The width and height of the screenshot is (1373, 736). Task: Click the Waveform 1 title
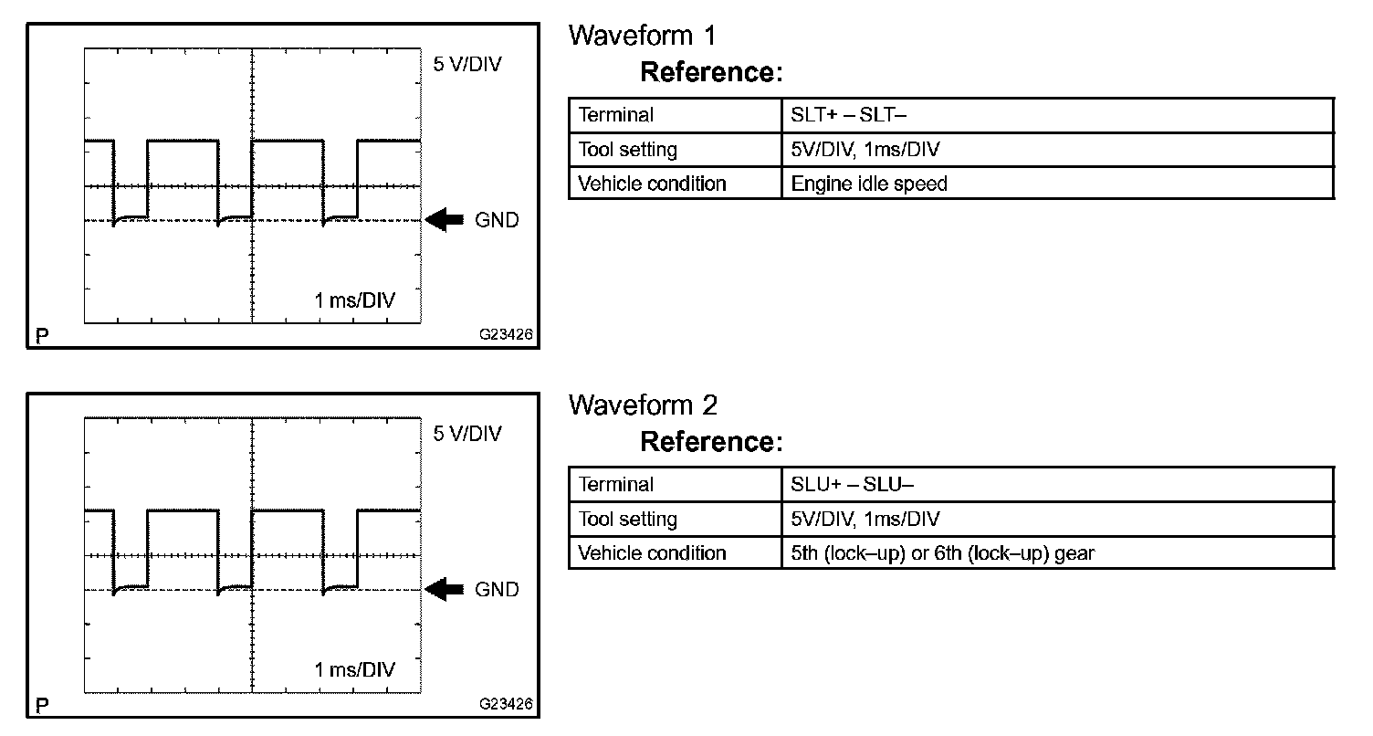click(x=642, y=36)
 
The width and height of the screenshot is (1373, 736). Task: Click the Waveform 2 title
click(x=643, y=405)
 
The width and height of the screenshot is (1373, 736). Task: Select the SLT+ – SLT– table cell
click(x=848, y=115)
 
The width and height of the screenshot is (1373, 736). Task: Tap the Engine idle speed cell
click(x=869, y=184)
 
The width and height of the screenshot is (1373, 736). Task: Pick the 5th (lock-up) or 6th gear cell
click(x=942, y=553)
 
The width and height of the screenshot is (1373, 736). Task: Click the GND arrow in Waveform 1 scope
click(x=445, y=220)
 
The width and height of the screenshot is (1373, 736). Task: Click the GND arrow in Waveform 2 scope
click(x=445, y=590)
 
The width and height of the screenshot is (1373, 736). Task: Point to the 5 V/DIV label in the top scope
click(x=467, y=65)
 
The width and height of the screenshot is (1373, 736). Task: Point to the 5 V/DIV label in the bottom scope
click(x=467, y=434)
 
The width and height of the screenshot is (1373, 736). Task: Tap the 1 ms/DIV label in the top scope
click(x=355, y=300)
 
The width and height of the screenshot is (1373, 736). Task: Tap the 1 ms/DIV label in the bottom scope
click(x=355, y=670)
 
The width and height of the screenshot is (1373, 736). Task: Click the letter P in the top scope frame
click(x=42, y=337)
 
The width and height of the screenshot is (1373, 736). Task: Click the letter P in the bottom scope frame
click(x=42, y=707)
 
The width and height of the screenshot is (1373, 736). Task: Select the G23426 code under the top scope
click(x=505, y=335)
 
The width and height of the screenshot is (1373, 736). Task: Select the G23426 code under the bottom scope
click(x=505, y=705)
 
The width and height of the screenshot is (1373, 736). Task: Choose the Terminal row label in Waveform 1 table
click(x=616, y=115)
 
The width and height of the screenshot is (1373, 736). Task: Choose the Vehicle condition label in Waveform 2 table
click(x=652, y=553)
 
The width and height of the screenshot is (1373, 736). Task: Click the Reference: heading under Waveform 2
click(x=711, y=442)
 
